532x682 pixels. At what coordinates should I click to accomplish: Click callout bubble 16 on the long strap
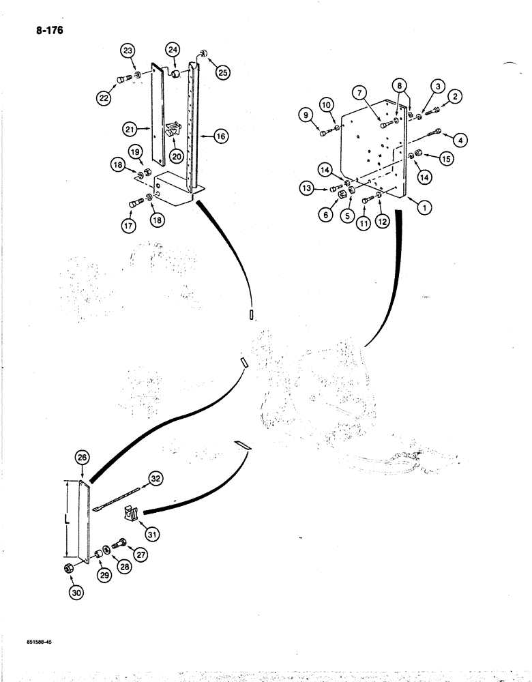221,136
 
